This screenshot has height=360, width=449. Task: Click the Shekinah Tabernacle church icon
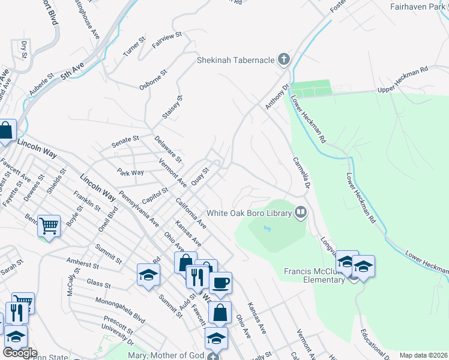284,59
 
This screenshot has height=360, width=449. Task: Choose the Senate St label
125,142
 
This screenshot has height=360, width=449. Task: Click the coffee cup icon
220,283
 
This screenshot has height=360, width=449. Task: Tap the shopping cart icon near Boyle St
49,226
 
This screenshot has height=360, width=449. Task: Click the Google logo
20,353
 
